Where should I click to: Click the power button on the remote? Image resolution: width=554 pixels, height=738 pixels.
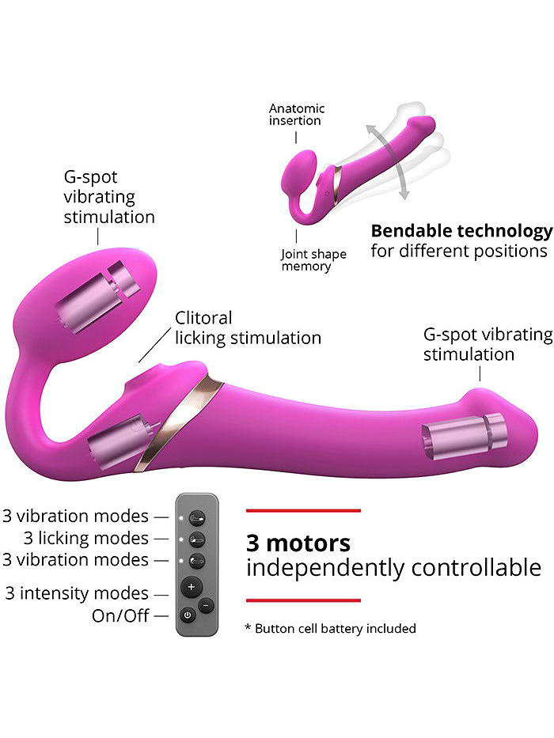(188, 615)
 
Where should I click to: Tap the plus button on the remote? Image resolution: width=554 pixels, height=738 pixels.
(191, 587)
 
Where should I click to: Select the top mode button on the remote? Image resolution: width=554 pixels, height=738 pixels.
(196, 518)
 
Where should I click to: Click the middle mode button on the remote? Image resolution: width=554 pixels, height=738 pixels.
(196, 539)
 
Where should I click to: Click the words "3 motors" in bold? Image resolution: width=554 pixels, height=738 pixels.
(298, 543)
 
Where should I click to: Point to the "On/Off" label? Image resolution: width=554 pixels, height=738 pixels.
(120, 615)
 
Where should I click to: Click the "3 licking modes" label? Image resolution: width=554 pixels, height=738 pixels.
(86, 538)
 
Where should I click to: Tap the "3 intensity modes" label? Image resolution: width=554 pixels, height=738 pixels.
(77, 593)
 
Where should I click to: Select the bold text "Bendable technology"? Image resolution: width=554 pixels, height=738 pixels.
(461, 231)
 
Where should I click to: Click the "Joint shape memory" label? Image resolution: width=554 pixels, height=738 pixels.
(313, 259)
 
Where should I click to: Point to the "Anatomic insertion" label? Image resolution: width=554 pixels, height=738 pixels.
(296, 115)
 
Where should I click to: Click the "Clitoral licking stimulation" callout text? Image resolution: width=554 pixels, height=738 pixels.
(248, 328)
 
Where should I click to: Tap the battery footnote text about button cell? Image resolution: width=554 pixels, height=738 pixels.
(330, 628)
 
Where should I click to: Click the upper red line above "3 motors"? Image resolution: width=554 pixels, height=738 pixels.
(303, 510)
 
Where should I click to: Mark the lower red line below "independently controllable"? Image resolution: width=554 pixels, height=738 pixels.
(303, 600)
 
